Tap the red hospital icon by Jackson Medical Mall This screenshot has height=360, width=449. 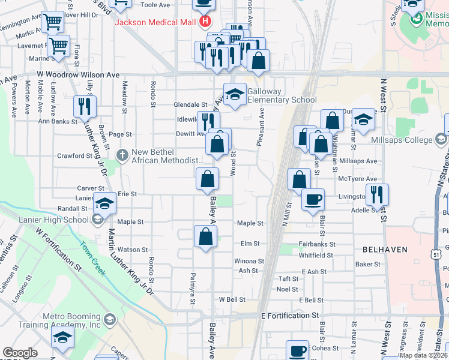coord(205,23)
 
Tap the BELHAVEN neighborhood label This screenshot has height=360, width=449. coord(385,249)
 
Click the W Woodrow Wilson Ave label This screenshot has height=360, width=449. coord(78,75)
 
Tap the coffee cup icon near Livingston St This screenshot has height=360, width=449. coord(312,200)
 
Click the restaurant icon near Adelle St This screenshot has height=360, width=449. coord(377,193)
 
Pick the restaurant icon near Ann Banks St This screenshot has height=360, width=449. coord(85,106)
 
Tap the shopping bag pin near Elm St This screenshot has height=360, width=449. coord(205,236)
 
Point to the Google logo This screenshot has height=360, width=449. coord(20,353)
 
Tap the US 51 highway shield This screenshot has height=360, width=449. coord(436,254)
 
